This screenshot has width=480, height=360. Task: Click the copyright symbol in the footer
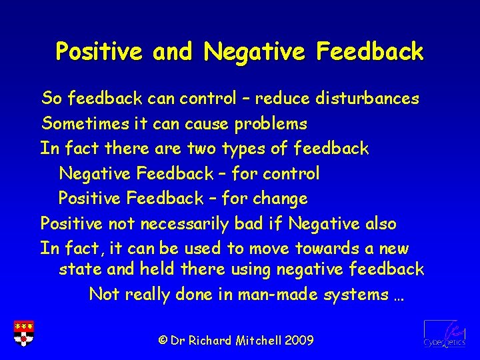click(x=162, y=340)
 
